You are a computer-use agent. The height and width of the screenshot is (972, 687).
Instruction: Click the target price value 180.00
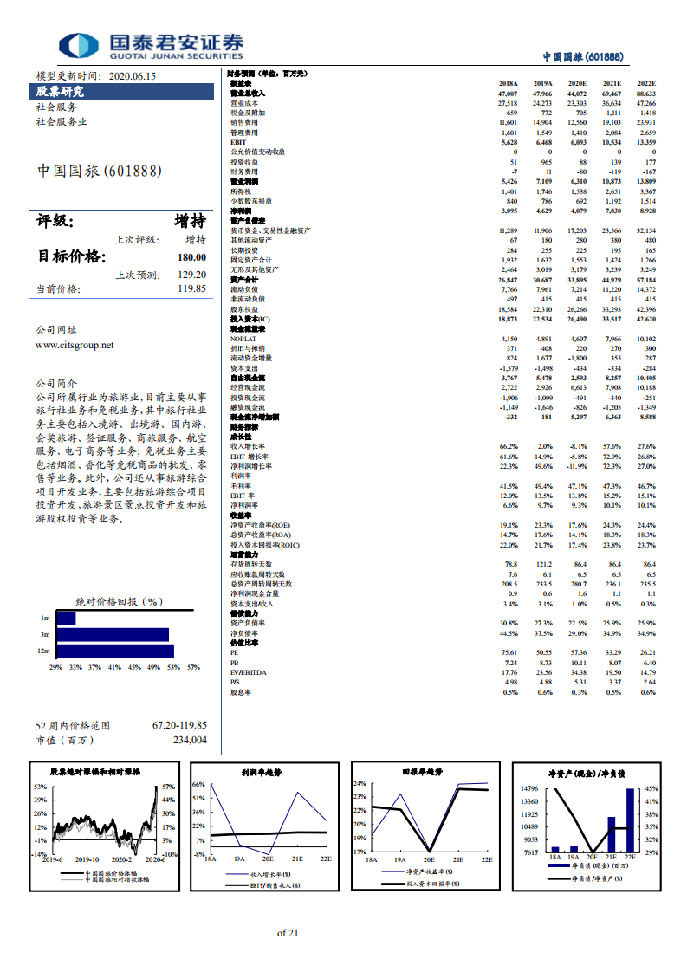pos(191,257)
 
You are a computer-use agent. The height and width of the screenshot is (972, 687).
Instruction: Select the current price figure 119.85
pos(191,288)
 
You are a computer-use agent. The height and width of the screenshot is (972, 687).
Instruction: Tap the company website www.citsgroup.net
pos(75,344)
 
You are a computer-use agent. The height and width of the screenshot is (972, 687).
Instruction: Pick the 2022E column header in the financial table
pos(645,83)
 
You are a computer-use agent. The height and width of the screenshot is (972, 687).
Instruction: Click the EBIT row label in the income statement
pos(239,142)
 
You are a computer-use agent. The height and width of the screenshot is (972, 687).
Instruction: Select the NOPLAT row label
pos(243,339)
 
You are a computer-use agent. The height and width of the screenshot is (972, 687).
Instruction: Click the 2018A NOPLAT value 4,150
pos(509,339)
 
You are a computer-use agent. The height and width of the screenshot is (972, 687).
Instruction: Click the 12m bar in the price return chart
pos(114,651)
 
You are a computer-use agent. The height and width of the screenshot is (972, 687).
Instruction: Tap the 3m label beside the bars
pos(45,634)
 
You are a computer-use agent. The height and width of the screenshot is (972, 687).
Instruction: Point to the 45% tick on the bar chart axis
pos(134,667)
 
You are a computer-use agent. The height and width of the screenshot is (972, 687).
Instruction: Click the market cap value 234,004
pos(190,740)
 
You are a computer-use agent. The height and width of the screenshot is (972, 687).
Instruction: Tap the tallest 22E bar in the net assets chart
pos(630,820)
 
